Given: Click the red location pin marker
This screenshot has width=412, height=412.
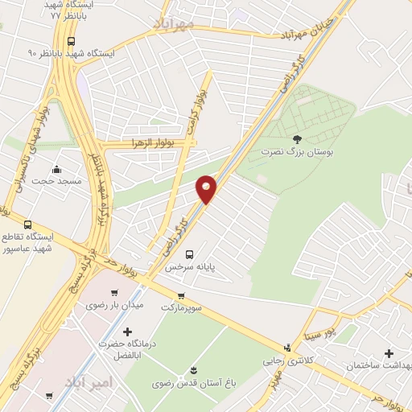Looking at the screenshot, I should coord(207,189).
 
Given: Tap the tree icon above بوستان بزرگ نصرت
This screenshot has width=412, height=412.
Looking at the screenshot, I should coord(298,139).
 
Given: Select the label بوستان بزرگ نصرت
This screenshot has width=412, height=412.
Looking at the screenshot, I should coord(298,151).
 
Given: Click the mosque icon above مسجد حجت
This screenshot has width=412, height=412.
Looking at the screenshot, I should coord(56,170).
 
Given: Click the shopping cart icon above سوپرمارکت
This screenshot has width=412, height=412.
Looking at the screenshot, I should coord(182,295).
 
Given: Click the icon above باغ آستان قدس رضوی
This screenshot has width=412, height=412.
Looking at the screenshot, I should coord(193,370).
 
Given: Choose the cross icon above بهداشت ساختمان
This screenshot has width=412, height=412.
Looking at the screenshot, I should coord(389,353).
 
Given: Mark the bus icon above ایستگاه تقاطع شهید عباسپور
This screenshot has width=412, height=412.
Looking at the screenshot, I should coord(29,225).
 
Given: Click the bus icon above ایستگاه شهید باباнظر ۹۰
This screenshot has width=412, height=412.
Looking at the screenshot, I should coord(72,40).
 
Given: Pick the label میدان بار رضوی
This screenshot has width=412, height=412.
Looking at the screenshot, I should coord(113,305).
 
